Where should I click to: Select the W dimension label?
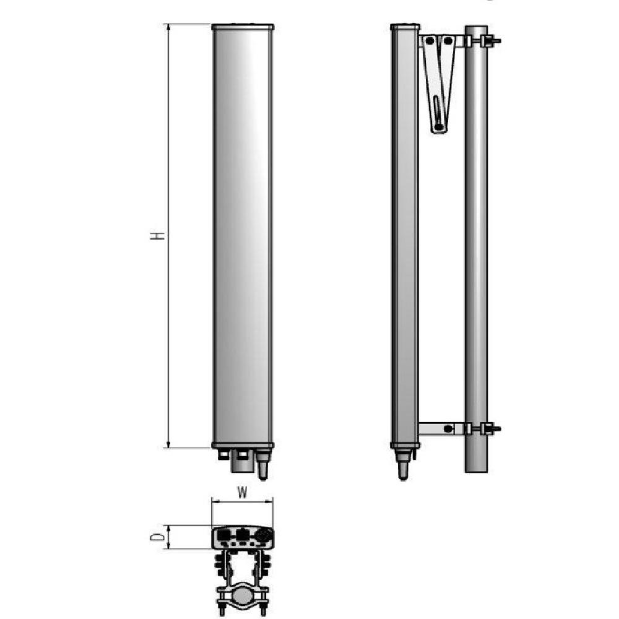pyautogui.click(x=243, y=493)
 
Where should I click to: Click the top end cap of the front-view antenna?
pyautogui.click(x=243, y=27)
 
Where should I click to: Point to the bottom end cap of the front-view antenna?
pyautogui.click(x=243, y=445)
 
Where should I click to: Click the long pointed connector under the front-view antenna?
pyautogui.click(x=262, y=465)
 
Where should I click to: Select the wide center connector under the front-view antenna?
pyautogui.click(x=242, y=461)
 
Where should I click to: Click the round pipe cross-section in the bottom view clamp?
pyautogui.click(x=243, y=599)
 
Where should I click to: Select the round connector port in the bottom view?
pyautogui.click(x=262, y=534)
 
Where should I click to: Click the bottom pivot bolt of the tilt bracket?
pyautogui.click(x=439, y=126)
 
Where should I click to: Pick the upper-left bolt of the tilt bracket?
pyautogui.click(x=428, y=41)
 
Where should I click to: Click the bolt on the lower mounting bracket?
pyautogui.click(x=448, y=428)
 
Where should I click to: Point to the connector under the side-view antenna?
pyautogui.click(x=404, y=465)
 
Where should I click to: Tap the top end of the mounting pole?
pyautogui.click(x=476, y=28)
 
